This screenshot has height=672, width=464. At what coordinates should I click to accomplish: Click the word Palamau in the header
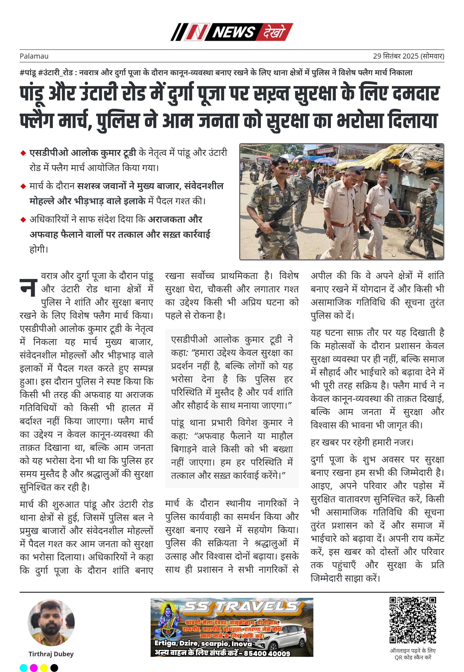34,56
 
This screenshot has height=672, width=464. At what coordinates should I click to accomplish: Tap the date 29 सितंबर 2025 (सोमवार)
409,56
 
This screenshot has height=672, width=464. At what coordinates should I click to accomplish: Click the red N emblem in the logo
197,32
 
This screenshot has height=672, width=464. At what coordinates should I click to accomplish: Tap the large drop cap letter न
29,288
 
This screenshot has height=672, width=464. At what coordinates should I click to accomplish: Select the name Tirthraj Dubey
51,654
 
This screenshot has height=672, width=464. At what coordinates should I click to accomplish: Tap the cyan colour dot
24,668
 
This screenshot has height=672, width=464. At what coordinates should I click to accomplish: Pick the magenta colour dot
34,668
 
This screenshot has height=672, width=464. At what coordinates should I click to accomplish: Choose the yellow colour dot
44,668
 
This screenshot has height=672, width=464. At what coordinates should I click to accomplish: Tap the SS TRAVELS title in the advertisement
241,607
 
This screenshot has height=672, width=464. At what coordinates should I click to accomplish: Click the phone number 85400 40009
267,653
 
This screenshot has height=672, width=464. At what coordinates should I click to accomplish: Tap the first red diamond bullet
23,153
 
